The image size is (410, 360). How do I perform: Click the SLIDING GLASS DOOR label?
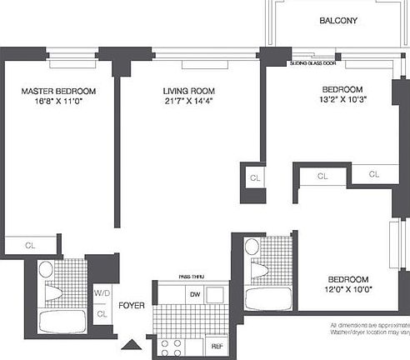(313, 63)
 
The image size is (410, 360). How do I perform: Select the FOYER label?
(132, 305)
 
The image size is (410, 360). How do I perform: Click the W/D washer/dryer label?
(102, 293)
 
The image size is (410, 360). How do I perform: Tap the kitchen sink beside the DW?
(215, 294)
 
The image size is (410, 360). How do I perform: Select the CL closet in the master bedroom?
(30, 246)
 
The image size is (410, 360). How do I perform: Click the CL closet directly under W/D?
(102, 313)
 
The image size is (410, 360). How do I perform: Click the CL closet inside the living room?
(253, 177)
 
